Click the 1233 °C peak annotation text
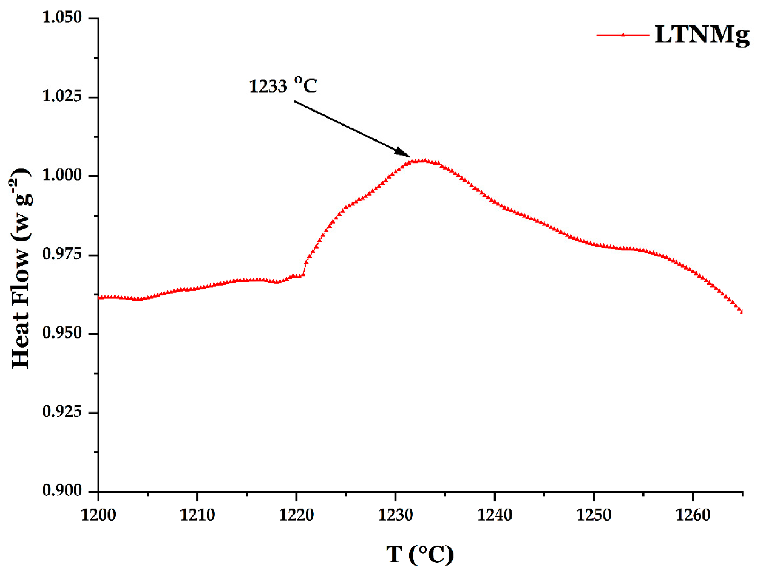[283, 85]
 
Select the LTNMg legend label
[702, 35]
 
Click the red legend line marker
[623, 35]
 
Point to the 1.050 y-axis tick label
[62, 17]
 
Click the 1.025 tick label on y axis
[62, 96]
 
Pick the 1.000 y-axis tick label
[62, 175]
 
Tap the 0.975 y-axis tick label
[62, 254]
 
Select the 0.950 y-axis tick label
[62, 333]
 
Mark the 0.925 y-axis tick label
[62, 412]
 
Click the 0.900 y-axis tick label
[62, 491]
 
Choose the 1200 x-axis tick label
[98, 515]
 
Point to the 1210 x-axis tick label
[197, 515]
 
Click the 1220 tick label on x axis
[296, 515]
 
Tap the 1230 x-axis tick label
[395, 515]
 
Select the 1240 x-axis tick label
[494, 515]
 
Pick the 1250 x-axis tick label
[594, 515]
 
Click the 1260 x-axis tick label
[693, 515]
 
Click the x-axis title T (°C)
[420, 554]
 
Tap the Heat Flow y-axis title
[21, 268]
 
